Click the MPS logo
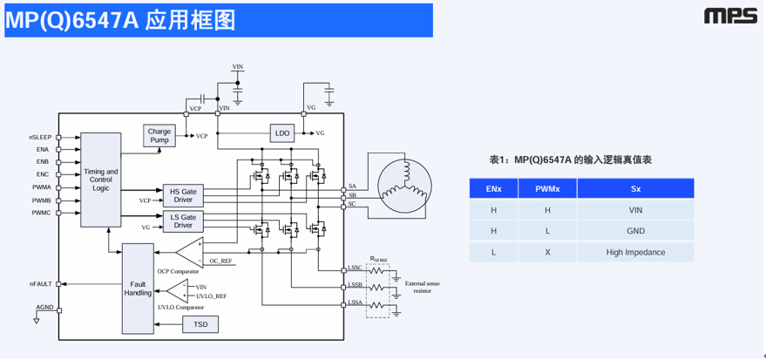730,16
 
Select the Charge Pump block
159,136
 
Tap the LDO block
281,133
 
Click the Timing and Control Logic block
100,179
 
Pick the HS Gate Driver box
182,195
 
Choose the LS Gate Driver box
182,221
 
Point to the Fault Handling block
138,288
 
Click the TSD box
200,324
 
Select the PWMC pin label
41,213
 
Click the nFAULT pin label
40,284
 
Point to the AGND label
44,308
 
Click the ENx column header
493,187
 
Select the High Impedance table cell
635,253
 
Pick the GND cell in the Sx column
635,231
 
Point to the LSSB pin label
355,285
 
